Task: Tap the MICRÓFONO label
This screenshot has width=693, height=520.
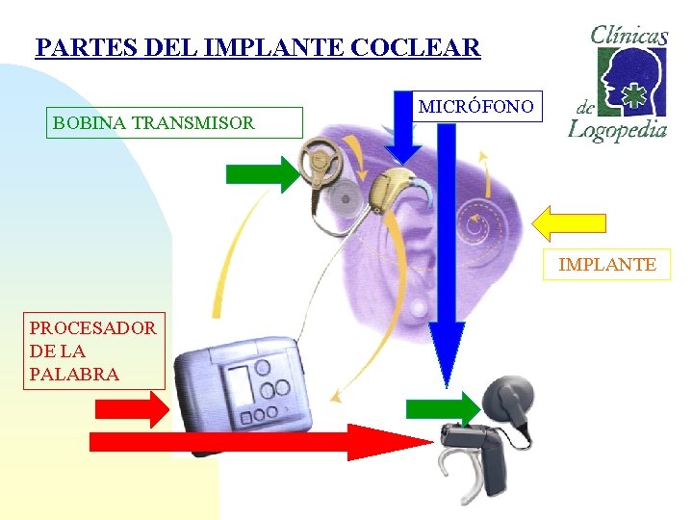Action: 475,106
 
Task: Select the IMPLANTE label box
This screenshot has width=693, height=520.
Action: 606,264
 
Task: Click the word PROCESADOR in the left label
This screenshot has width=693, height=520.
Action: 93,327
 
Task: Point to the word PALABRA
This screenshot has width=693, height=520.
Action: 75,374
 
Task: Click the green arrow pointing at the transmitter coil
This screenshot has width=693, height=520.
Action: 262,174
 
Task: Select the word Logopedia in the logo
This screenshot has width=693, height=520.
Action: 617,128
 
